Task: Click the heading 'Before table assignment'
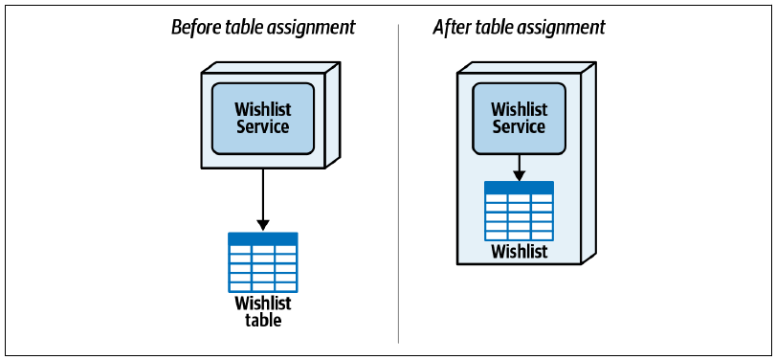click(x=263, y=27)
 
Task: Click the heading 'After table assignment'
click(x=520, y=27)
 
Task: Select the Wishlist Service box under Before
click(x=263, y=119)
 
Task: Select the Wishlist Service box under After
click(x=519, y=119)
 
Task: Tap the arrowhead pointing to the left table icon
click(x=263, y=225)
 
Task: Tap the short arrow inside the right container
click(x=519, y=168)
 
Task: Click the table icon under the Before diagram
click(x=263, y=262)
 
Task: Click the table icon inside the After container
click(x=519, y=211)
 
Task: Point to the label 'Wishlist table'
click(x=263, y=311)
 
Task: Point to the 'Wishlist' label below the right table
click(x=520, y=251)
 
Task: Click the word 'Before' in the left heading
click(x=194, y=27)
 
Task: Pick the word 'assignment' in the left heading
click(x=312, y=28)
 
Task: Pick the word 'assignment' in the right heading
click(x=562, y=28)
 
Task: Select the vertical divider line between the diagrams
click(x=398, y=184)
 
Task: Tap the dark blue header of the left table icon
click(x=263, y=238)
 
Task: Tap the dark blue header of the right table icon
click(x=519, y=187)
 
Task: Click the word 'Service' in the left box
click(x=263, y=126)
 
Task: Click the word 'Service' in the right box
click(x=519, y=126)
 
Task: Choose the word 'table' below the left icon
click(x=263, y=320)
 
